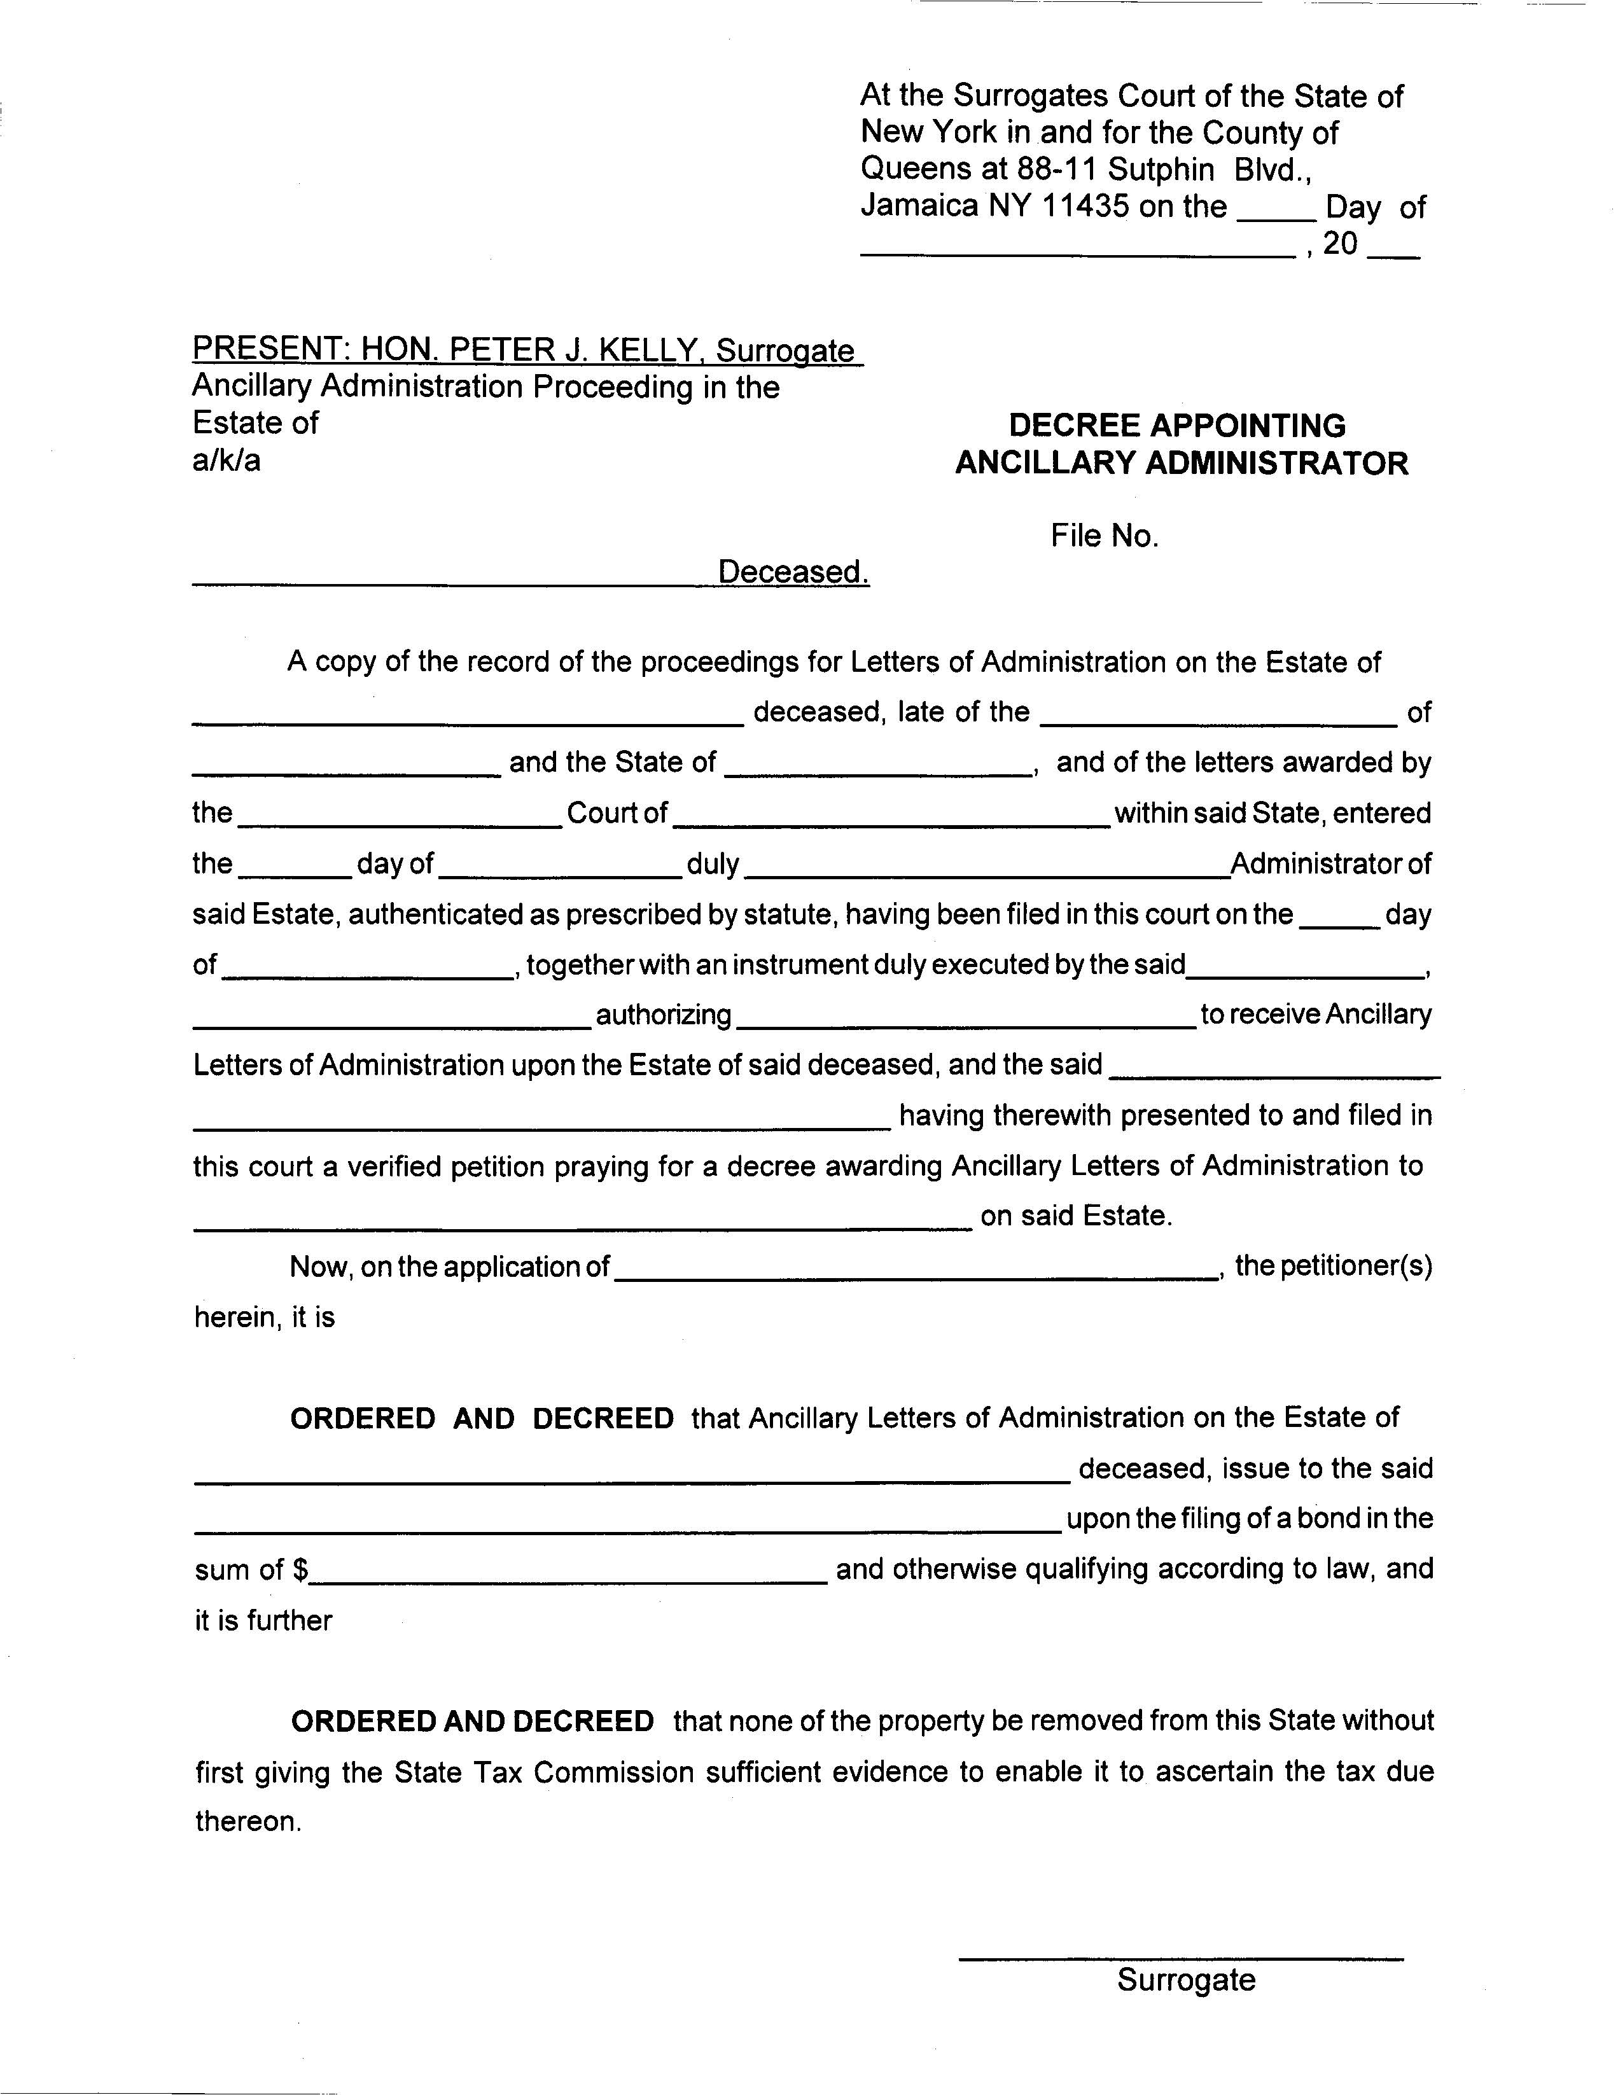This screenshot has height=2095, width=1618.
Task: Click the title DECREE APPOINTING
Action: click(x=1177, y=426)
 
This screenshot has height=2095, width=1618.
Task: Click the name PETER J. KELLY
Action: click(x=571, y=349)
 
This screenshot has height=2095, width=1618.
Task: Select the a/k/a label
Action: click(x=227, y=461)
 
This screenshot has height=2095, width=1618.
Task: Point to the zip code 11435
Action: click(x=1084, y=206)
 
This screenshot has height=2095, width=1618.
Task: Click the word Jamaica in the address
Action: click(x=919, y=206)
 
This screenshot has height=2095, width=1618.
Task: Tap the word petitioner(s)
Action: click(x=1332, y=1266)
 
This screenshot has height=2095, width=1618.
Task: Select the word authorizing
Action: click(x=664, y=1015)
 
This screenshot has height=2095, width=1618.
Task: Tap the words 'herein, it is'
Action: click(x=265, y=1318)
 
